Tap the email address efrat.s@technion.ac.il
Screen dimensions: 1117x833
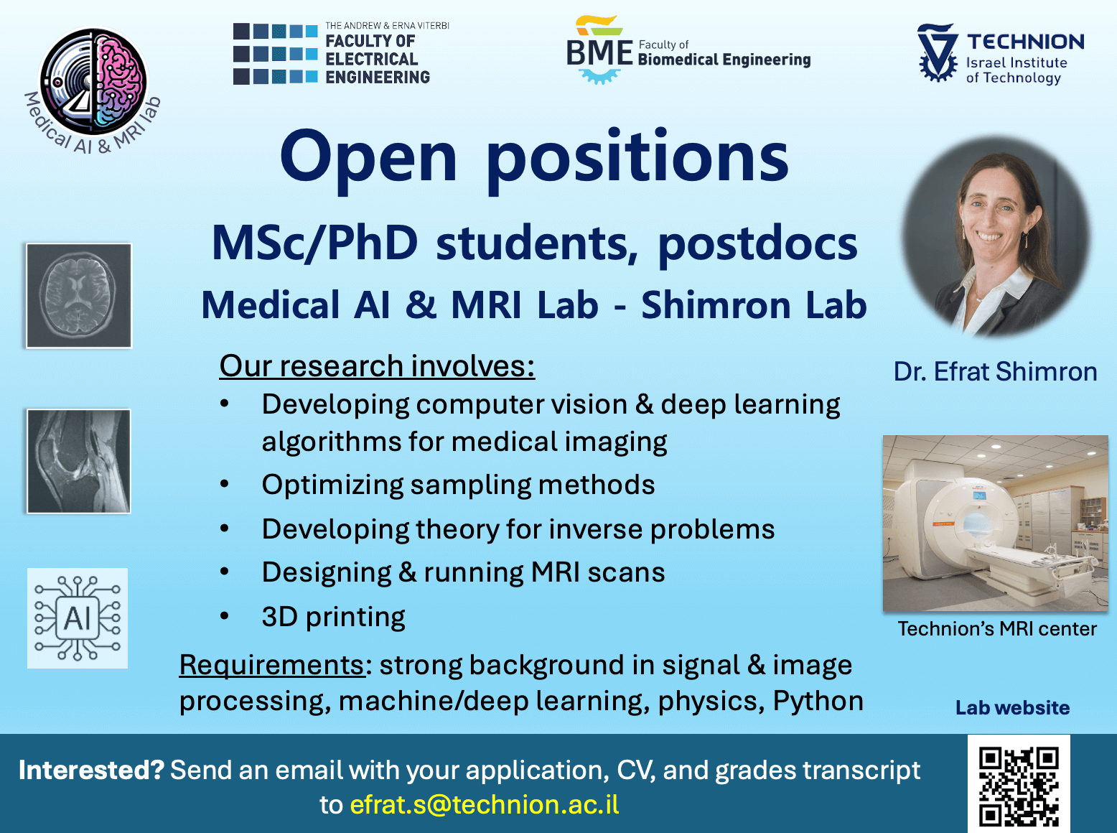[x=485, y=805]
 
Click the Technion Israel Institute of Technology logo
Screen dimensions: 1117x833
[x=1001, y=53]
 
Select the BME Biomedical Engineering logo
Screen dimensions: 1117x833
[x=688, y=50]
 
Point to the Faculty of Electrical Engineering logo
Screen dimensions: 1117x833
[x=342, y=53]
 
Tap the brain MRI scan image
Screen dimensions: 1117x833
[x=79, y=296]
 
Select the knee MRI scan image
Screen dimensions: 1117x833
[x=79, y=462]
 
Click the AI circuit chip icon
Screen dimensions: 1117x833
[x=78, y=618]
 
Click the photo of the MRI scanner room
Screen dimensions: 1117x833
[x=996, y=523]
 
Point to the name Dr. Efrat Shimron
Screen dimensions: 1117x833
[x=996, y=371]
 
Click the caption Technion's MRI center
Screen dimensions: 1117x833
[x=997, y=629]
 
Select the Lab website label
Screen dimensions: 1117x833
[x=1013, y=708]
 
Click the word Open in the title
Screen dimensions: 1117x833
[x=369, y=158]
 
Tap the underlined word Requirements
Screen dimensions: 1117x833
[x=272, y=666]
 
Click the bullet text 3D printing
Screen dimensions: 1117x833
[x=333, y=618]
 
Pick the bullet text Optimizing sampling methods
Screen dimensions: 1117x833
[x=458, y=485]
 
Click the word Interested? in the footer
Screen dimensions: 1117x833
[x=92, y=770]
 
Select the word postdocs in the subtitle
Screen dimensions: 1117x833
[x=758, y=244]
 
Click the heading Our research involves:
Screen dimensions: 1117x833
[x=377, y=366]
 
